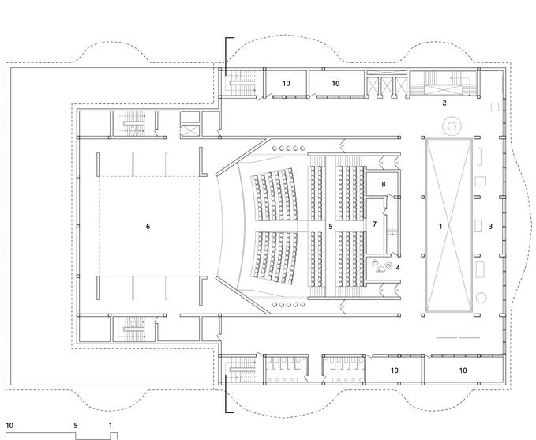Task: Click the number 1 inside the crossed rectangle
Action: [x=441, y=226]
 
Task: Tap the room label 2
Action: [x=444, y=103]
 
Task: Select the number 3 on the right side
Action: [x=491, y=226]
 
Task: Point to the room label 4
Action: [x=398, y=268]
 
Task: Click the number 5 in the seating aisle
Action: [x=331, y=226]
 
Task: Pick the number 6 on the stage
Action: [x=148, y=226]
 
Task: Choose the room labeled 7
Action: [x=375, y=224]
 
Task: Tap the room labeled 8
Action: [x=384, y=184]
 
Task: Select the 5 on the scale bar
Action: [x=76, y=425]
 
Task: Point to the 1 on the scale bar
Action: [x=111, y=425]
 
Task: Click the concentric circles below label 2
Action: [x=452, y=124]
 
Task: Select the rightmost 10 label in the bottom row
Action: [x=463, y=370]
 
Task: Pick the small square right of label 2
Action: [x=494, y=106]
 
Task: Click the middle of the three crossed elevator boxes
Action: [x=388, y=85]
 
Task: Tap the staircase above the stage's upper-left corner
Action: [x=132, y=125]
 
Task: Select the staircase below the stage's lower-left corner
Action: [x=132, y=329]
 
